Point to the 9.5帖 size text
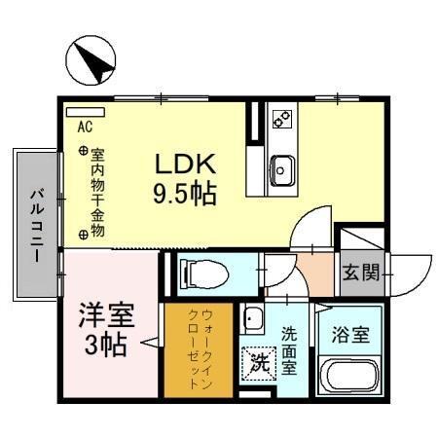pyautogui.click(x=185, y=193)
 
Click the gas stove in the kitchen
pyautogui.click(x=281, y=121)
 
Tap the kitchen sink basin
pyautogui.click(x=282, y=168)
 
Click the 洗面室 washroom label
pyautogui.click(x=289, y=350)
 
